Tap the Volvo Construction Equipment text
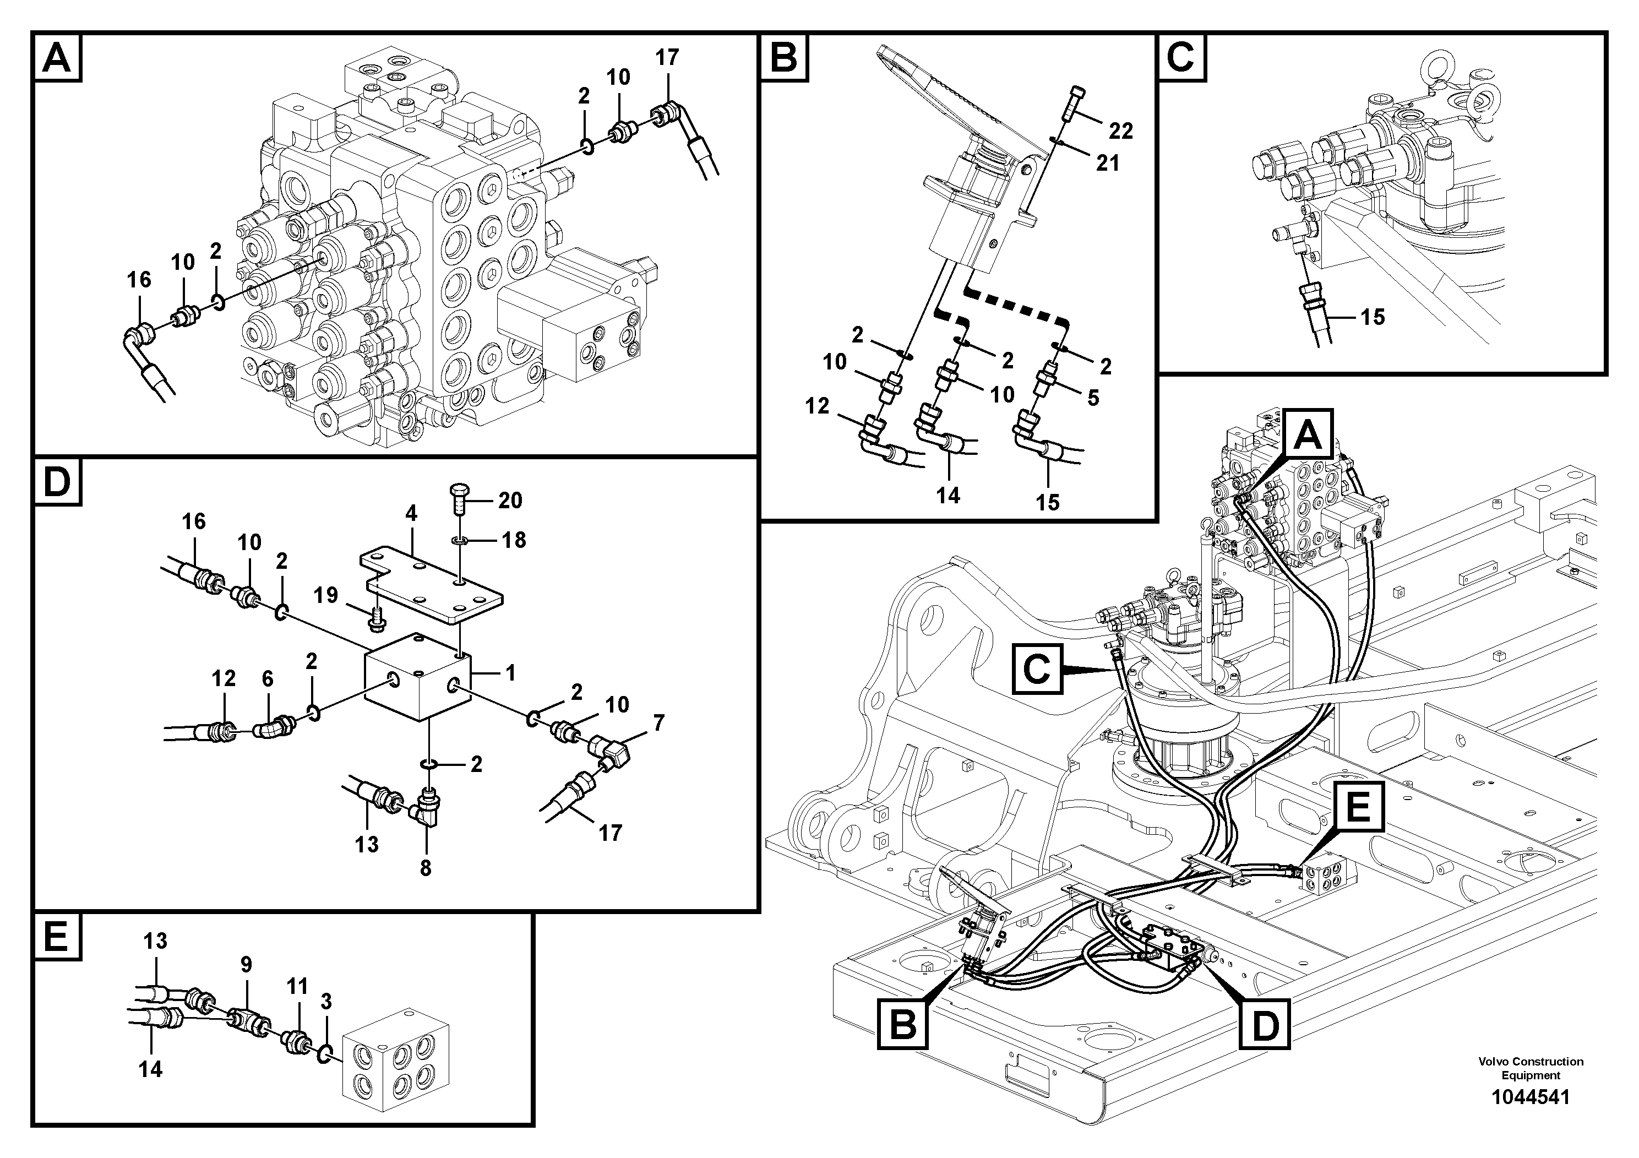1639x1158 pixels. click(1531, 1068)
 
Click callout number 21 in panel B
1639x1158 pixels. click(1107, 164)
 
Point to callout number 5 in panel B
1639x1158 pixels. click(1093, 398)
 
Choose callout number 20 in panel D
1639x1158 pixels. click(510, 501)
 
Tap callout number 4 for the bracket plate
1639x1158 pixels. click(411, 513)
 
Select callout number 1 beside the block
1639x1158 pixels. click(510, 672)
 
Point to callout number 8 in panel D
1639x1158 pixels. click(426, 868)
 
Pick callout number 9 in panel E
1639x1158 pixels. click(246, 965)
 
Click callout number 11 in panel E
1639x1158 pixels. click(297, 987)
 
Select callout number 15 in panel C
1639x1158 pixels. click(1372, 317)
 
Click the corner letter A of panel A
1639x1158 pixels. click(57, 57)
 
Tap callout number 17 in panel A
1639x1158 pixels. click(667, 58)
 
